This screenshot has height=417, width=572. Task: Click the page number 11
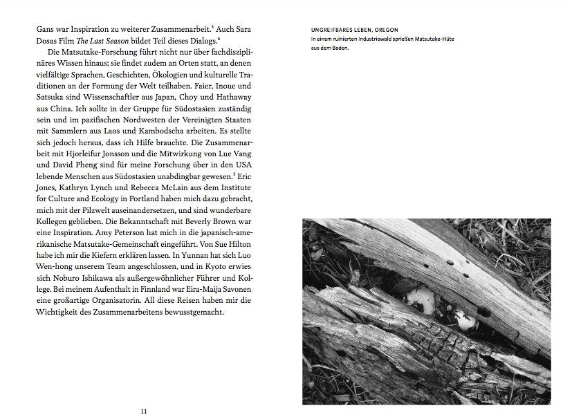click(x=144, y=411)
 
